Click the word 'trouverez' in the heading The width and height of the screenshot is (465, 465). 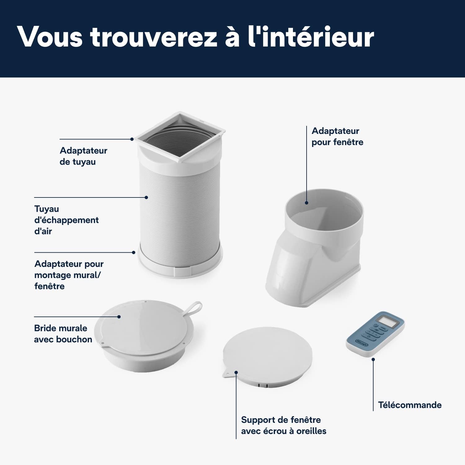click(x=154, y=37)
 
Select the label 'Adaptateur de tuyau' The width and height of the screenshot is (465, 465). click(x=83, y=156)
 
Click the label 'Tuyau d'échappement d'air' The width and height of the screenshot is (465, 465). click(x=66, y=220)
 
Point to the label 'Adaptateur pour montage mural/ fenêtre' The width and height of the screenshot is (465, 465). click(x=69, y=275)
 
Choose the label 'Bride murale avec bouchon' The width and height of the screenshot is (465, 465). click(x=63, y=334)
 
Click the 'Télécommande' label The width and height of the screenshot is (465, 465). click(x=410, y=405)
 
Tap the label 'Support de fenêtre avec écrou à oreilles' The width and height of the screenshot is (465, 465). click(x=283, y=425)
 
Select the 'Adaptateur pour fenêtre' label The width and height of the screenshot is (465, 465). click(x=337, y=136)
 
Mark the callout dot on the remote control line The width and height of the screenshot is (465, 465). click(x=373, y=360)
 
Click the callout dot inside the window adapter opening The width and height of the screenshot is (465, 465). click(x=307, y=203)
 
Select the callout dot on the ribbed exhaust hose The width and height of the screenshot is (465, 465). click(x=146, y=197)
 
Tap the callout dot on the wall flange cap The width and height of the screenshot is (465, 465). click(x=119, y=317)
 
